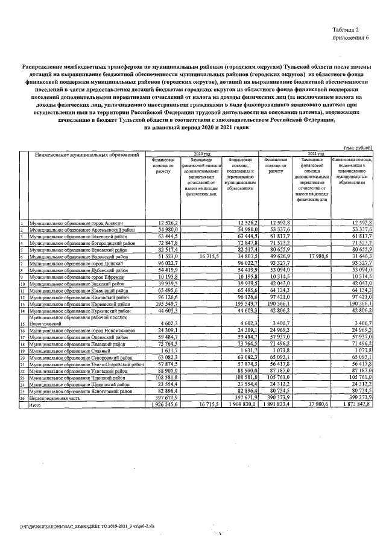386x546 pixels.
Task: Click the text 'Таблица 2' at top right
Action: [352, 29]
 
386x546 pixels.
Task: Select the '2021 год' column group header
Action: [315, 154]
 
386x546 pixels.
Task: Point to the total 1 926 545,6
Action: [161, 404]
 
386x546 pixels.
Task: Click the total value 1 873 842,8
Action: [355, 404]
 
